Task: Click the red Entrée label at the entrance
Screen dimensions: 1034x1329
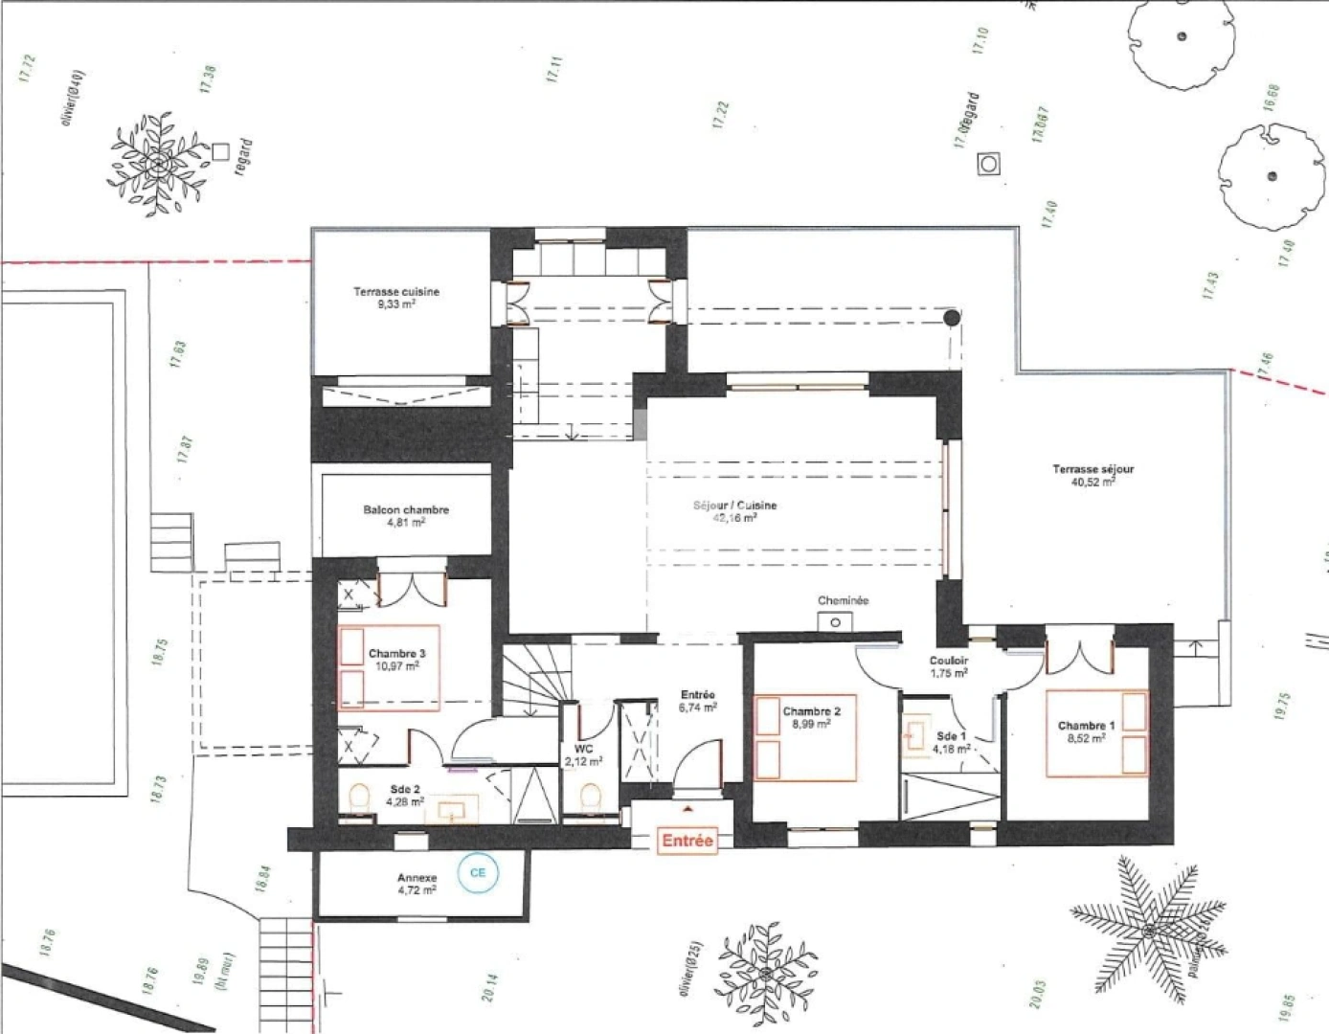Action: point(687,841)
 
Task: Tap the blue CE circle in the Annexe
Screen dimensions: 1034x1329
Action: point(477,872)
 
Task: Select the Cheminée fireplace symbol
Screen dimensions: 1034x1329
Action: point(835,621)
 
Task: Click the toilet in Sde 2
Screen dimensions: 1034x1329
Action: point(360,798)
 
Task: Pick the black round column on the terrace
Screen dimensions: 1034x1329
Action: point(951,319)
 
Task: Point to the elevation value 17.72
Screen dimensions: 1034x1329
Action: point(27,71)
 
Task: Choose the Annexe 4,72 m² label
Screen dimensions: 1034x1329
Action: point(417,883)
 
